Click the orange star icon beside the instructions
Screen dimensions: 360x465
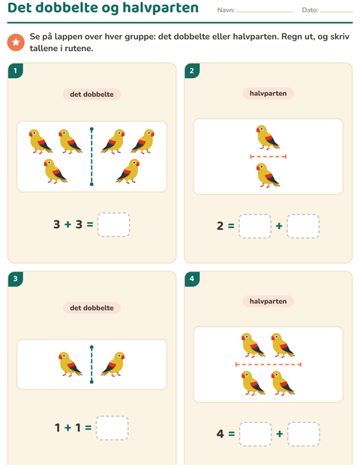[x=16, y=42]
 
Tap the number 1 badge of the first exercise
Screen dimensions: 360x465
[x=16, y=70]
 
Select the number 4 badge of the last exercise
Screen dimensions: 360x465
[x=192, y=279]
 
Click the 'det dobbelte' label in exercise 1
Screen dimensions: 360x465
[x=91, y=94]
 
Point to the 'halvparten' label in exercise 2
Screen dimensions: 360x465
[x=268, y=94]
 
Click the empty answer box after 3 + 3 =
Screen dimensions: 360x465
[x=113, y=224]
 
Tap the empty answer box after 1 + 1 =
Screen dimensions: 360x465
[x=112, y=428]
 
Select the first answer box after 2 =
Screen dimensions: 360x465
[x=255, y=226]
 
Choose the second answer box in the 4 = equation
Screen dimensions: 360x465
[x=304, y=434]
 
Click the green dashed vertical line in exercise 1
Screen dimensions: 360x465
[x=91, y=157]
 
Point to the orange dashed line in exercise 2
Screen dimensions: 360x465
[x=268, y=157]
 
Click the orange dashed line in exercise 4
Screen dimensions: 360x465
[x=268, y=364]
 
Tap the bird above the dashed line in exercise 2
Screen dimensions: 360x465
[x=268, y=137]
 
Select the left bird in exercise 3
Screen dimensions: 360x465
[x=70, y=364]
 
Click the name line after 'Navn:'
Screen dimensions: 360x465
[x=265, y=12]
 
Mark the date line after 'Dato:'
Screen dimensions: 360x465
[x=336, y=12]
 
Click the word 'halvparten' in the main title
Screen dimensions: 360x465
[x=160, y=7]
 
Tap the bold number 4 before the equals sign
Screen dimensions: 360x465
[x=220, y=433]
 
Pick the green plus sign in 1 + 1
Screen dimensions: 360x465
[x=68, y=427]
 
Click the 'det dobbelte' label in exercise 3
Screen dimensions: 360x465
[x=91, y=307]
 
